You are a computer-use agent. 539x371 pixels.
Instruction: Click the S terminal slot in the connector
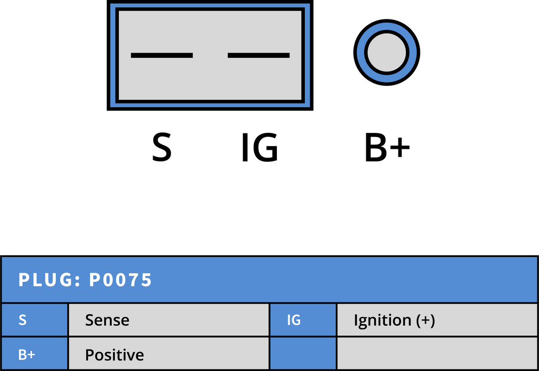pos(162,55)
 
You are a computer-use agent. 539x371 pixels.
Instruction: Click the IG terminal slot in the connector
pos(258,55)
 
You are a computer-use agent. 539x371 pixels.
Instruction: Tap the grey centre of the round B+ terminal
pos(387,53)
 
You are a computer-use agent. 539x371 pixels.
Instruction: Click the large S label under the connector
pos(162,148)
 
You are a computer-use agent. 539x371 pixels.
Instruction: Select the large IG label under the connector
pos(260,148)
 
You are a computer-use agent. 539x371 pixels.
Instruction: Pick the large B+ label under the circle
pos(387,148)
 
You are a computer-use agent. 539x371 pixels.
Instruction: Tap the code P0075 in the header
pos(121,280)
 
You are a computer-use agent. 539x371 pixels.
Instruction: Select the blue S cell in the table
pos(35,320)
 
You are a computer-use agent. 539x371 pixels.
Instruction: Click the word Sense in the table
pos(107,320)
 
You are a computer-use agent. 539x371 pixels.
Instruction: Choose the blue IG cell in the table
pos(303,320)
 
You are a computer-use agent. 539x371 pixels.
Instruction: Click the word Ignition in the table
pos(383,321)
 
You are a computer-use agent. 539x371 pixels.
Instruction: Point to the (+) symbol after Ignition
pos(425,321)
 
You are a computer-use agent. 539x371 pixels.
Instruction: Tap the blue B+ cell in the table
pos(35,354)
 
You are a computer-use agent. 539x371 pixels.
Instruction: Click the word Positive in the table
pos(114,355)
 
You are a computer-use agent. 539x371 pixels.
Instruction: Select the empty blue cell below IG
pos(303,354)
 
